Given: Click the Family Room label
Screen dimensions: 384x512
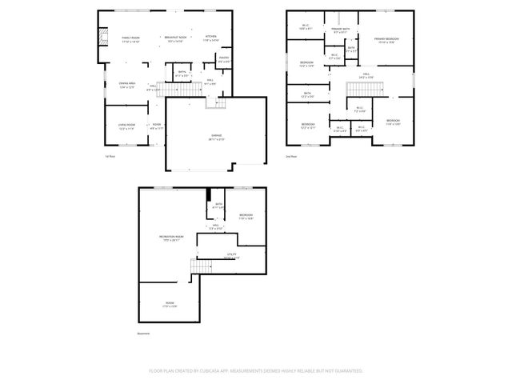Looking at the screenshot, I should point(131,39).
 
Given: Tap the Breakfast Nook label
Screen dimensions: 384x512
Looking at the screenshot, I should point(175,39).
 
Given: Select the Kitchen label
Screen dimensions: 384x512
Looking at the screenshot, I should point(210,38).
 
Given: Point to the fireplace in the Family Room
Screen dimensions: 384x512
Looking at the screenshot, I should point(101,36).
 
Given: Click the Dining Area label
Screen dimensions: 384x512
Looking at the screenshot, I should point(127,86).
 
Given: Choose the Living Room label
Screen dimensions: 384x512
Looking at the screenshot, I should point(127,126).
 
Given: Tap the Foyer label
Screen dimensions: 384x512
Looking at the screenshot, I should point(157,126).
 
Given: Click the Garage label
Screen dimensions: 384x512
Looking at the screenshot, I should point(216,137).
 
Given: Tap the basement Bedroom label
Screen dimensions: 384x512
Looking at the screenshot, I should point(246,216).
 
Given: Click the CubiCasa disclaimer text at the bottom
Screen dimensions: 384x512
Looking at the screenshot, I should point(256,371).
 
